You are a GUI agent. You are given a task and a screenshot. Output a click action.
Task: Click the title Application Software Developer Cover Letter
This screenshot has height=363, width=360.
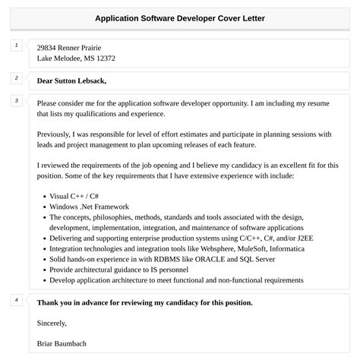click(180, 17)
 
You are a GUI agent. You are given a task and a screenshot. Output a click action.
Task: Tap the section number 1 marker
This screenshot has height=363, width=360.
click(16, 46)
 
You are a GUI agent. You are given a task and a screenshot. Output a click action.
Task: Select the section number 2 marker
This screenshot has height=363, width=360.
click(16, 77)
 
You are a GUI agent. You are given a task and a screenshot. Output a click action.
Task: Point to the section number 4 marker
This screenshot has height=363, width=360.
click(16, 300)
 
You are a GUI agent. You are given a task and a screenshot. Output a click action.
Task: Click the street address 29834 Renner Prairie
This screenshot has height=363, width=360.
click(69, 47)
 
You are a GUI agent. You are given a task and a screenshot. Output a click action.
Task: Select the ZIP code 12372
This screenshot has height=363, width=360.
click(103, 58)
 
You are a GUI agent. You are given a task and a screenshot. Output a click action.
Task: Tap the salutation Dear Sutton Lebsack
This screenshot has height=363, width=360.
click(71, 80)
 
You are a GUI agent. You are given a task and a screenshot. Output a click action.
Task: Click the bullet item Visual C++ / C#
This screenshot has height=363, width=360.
click(72, 195)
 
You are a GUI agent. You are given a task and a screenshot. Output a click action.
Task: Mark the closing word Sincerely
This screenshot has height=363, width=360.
click(52, 323)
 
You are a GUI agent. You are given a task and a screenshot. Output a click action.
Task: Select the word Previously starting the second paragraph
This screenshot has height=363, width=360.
click(57, 134)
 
